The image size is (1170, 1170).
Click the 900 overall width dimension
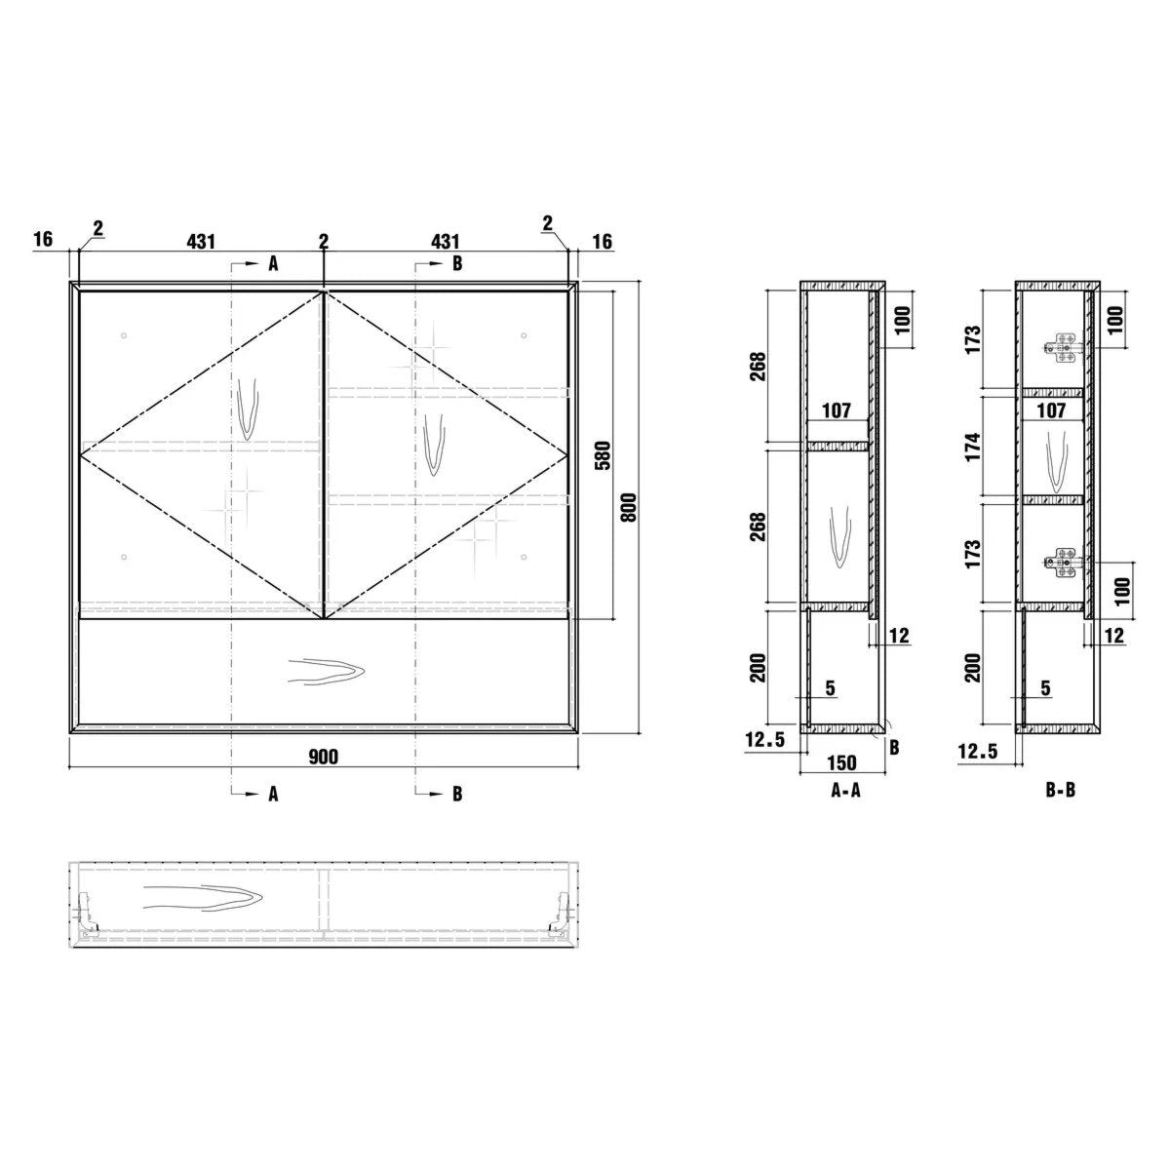(323, 758)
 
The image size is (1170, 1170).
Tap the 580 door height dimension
(604, 455)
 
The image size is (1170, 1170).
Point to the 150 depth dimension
(841, 762)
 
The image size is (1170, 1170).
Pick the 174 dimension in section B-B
(973, 447)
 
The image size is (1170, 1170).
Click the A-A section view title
(845, 791)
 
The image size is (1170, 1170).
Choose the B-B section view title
(1060, 790)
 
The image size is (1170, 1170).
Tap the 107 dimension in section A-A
(837, 411)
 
